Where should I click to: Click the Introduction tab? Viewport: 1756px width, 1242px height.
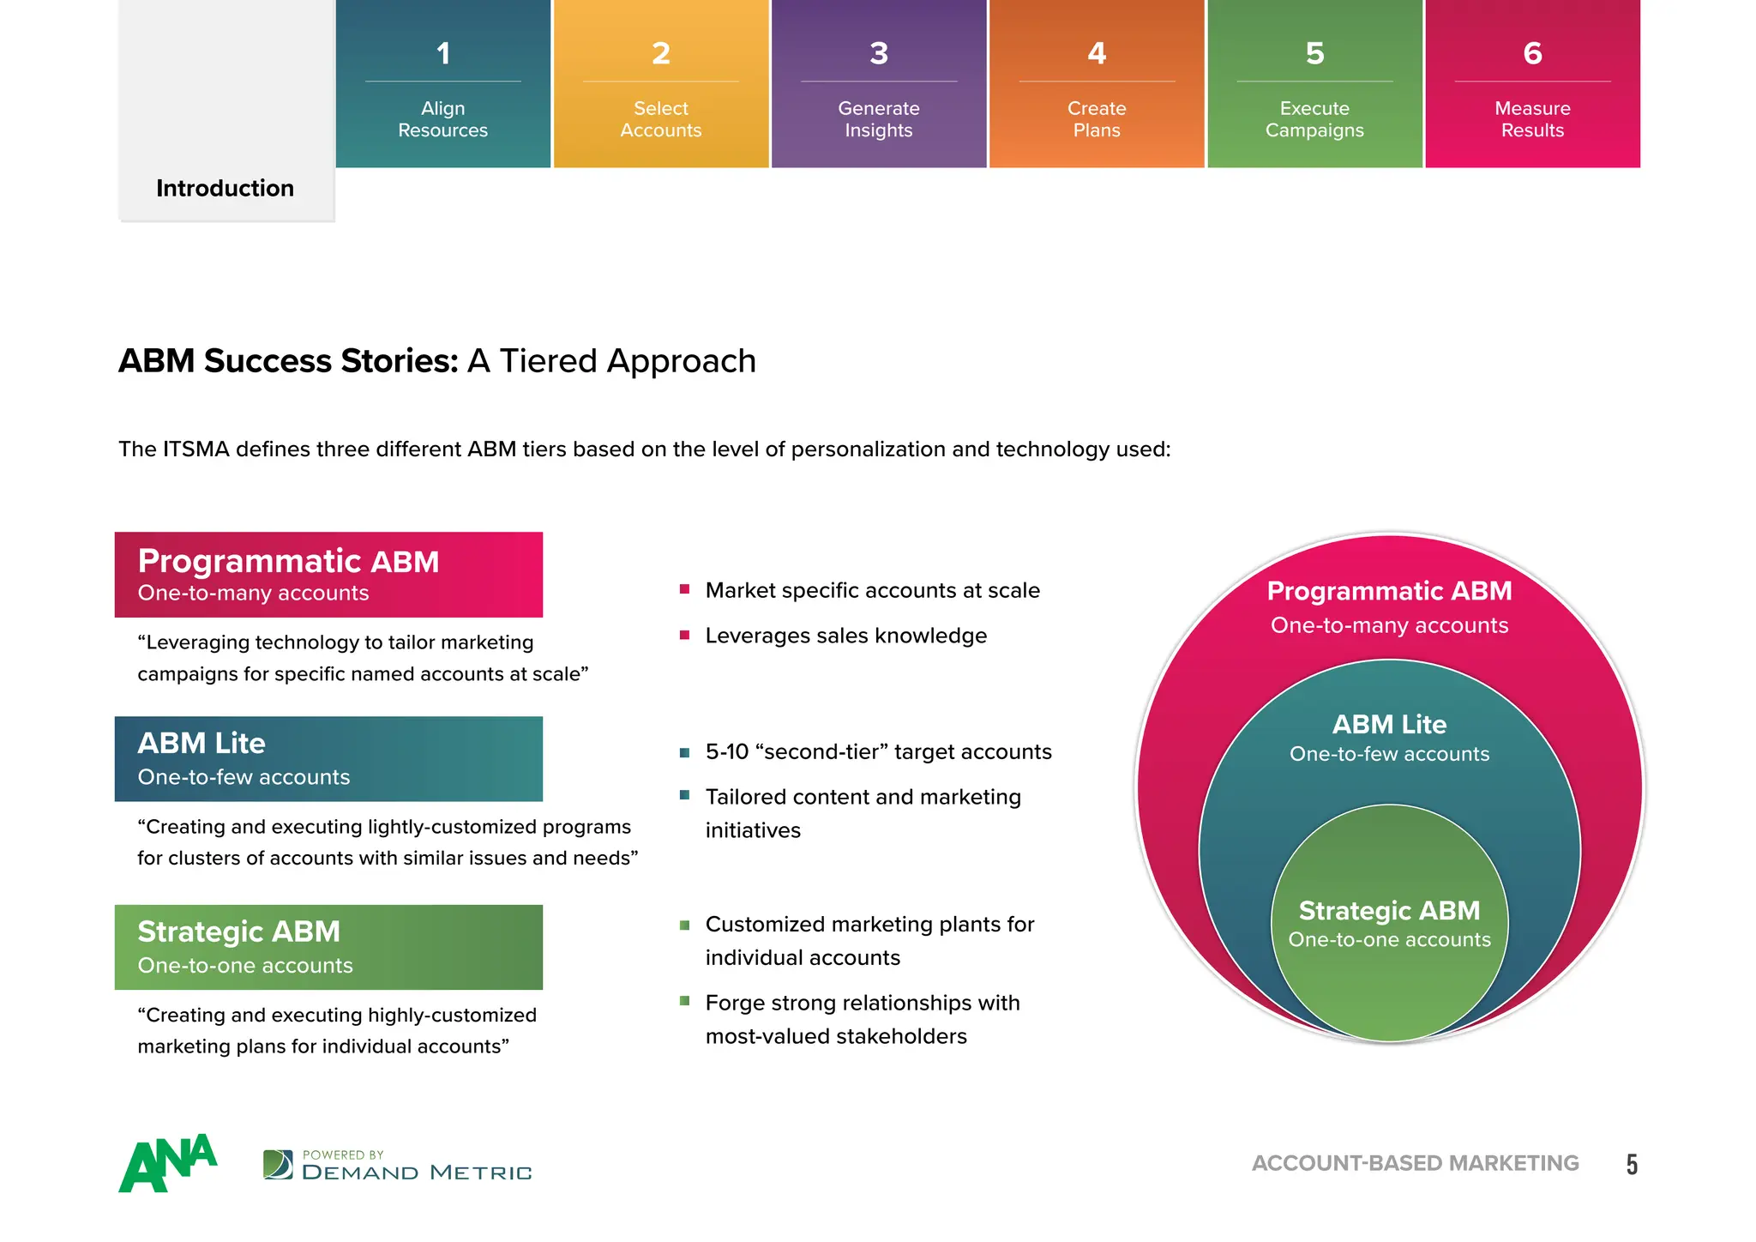click(225, 188)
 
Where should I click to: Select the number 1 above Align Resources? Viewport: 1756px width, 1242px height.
click(443, 53)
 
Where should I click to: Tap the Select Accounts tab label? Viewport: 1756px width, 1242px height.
click(661, 119)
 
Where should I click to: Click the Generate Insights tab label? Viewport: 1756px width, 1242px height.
click(879, 119)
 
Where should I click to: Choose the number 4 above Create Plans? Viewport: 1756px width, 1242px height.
click(1097, 53)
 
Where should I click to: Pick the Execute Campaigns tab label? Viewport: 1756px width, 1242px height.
click(1314, 119)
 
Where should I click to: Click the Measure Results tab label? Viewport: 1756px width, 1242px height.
click(1532, 119)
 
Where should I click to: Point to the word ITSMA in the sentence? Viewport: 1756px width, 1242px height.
click(196, 449)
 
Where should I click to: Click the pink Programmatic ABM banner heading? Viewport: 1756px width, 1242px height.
click(288, 562)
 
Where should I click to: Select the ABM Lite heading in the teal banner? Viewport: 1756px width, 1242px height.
click(201, 743)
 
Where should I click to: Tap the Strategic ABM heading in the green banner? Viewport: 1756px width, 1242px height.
click(238, 931)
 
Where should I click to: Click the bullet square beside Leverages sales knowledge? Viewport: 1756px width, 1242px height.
click(684, 636)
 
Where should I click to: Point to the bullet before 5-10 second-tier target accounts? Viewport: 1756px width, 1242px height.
click(684, 752)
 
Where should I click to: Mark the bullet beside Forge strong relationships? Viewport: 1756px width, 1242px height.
click(684, 1001)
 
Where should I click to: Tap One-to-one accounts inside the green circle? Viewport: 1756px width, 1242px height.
click(1389, 940)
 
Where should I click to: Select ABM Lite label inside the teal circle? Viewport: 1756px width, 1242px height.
click(1389, 725)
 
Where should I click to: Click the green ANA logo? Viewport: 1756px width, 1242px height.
click(167, 1163)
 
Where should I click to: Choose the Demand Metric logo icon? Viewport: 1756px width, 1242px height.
click(278, 1165)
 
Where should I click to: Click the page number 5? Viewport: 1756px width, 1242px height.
click(1632, 1164)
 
